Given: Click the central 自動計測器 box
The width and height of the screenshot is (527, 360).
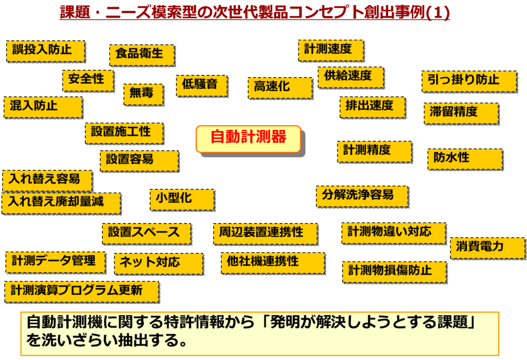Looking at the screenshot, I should (248, 138).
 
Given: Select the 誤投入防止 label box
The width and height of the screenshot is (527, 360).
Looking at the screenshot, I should (45, 50).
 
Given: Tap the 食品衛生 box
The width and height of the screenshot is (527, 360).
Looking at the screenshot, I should (142, 54).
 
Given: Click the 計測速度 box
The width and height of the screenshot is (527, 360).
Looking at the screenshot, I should (330, 50).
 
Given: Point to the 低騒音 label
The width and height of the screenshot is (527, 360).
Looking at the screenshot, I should (201, 85).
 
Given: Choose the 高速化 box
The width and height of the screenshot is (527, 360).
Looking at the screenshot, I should (279, 87).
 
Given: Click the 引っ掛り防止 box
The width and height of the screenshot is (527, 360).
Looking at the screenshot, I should (468, 81).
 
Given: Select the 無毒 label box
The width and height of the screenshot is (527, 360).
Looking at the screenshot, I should (144, 94).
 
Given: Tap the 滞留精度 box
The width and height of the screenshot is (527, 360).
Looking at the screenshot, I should (461, 113).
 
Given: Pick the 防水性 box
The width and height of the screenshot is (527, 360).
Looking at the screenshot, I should (464, 158).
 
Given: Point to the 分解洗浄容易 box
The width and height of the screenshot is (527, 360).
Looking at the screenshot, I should (362, 195).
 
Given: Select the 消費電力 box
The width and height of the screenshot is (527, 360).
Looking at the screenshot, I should (487, 248).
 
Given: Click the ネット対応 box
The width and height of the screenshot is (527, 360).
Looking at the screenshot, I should (157, 263).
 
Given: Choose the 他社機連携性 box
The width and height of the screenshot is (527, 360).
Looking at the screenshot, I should (272, 262).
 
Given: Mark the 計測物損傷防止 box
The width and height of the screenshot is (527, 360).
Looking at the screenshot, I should (394, 271).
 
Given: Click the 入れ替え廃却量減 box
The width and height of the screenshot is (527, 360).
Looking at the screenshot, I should (61, 203).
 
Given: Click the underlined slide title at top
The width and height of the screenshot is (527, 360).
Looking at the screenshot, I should (255, 12).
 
